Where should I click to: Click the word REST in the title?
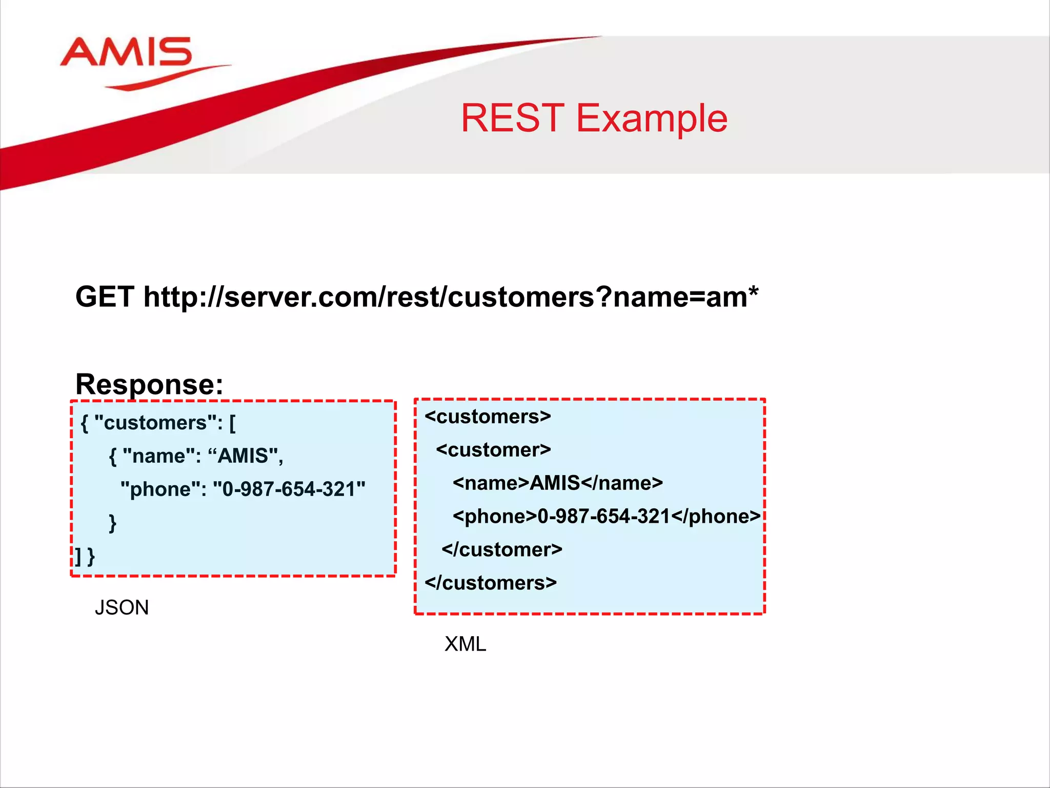(512, 119)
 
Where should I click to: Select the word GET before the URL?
(105, 297)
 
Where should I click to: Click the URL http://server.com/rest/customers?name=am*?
(451, 297)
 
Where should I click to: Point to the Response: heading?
(149, 384)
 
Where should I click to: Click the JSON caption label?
(122, 607)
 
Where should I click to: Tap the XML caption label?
(465, 644)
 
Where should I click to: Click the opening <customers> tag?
(488, 417)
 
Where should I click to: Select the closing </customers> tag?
(491, 583)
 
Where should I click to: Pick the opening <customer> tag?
(493, 450)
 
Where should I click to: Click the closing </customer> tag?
(502, 549)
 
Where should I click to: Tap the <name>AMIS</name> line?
(558, 483)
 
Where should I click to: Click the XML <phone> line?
(607, 516)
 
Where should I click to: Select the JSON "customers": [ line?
(158, 423)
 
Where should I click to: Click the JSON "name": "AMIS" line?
(196, 456)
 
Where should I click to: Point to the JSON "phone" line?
(243, 489)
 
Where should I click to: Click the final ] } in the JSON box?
(85, 556)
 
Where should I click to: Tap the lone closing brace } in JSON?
(113, 523)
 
